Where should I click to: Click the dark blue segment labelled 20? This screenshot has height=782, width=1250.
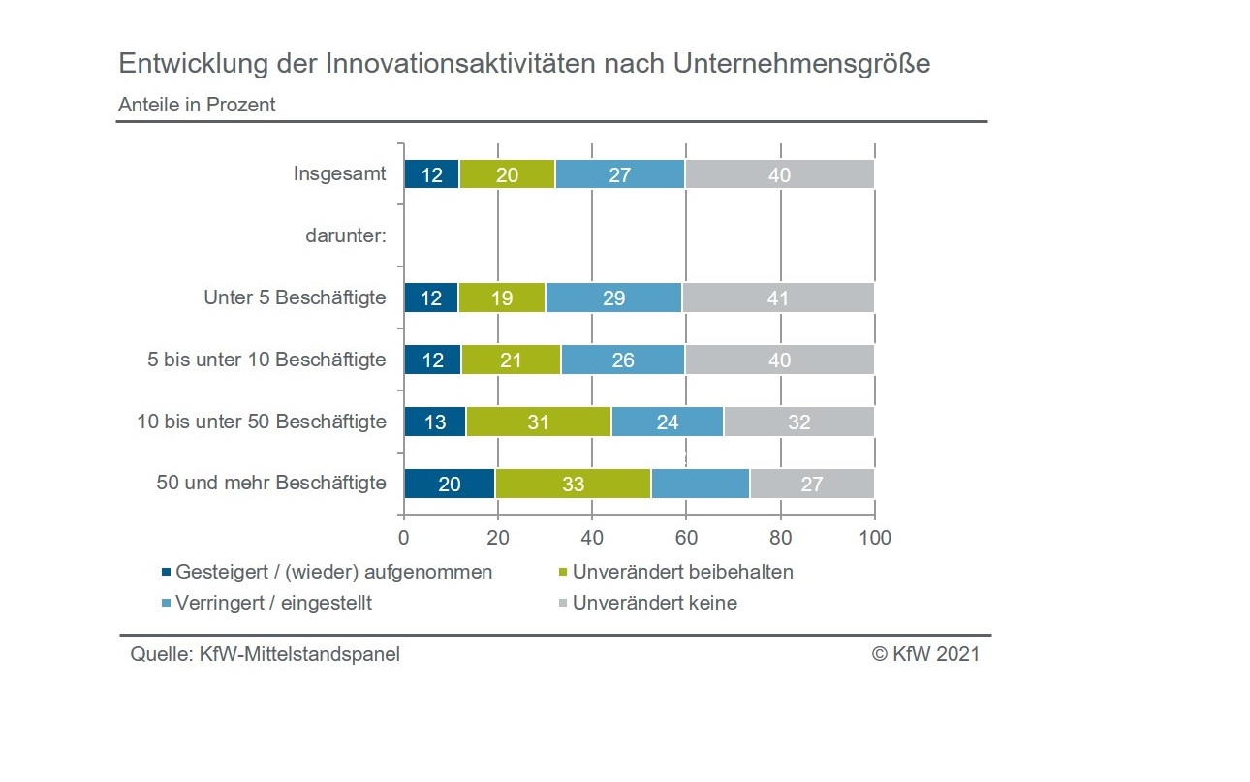point(450,484)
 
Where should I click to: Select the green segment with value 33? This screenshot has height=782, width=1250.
point(573,484)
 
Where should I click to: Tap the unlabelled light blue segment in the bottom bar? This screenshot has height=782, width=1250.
point(700,484)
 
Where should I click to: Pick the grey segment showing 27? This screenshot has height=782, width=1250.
point(812,484)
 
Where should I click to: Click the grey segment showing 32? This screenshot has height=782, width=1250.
point(799,422)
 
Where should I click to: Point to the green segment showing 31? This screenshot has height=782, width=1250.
point(539,422)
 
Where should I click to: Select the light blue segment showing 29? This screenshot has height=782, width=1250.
point(613,297)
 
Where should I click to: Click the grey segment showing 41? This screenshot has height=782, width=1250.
point(778,297)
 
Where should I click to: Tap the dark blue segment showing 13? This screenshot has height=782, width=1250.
point(434,422)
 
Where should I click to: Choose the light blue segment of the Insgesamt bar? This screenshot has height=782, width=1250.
point(620,174)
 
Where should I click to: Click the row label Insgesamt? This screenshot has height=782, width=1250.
point(339,174)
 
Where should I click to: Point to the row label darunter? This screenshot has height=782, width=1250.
point(346,235)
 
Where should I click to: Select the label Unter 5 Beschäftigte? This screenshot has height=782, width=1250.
point(295,297)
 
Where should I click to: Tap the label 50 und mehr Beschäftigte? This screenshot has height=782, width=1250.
point(271,483)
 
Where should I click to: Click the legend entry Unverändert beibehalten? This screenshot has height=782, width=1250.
point(682,572)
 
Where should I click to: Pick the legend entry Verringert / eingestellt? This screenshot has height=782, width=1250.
point(273,603)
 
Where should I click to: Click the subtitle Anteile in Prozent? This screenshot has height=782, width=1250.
point(197,105)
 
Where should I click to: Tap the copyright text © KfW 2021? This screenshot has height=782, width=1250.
point(925,654)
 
